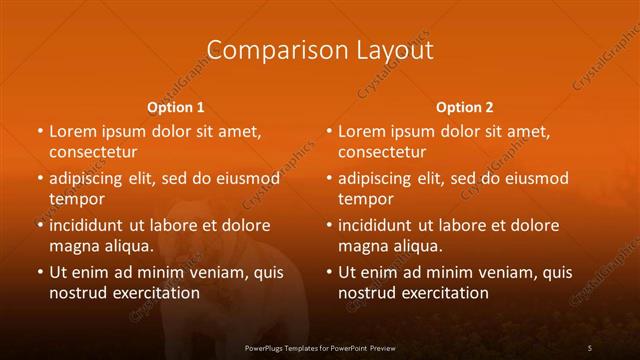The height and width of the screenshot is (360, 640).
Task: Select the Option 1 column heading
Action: click(x=176, y=107)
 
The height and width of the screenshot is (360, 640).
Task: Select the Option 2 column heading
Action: click(x=465, y=107)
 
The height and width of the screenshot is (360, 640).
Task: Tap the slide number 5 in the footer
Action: click(x=590, y=347)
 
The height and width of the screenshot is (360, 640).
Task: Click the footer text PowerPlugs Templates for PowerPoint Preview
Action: click(x=320, y=347)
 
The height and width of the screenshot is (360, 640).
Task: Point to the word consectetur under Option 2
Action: click(x=382, y=152)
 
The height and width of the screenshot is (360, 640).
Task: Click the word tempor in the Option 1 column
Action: click(x=77, y=199)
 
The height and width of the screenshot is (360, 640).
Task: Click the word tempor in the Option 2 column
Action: click(x=366, y=199)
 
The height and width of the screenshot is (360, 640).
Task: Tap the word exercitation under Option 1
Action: click(x=155, y=293)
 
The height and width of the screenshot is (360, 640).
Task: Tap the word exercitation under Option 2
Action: click(x=444, y=293)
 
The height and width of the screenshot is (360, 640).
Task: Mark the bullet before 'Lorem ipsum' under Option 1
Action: click(x=40, y=132)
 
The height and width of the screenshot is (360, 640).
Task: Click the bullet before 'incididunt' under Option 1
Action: click(x=40, y=226)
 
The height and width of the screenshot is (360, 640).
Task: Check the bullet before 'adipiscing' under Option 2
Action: click(x=329, y=179)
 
